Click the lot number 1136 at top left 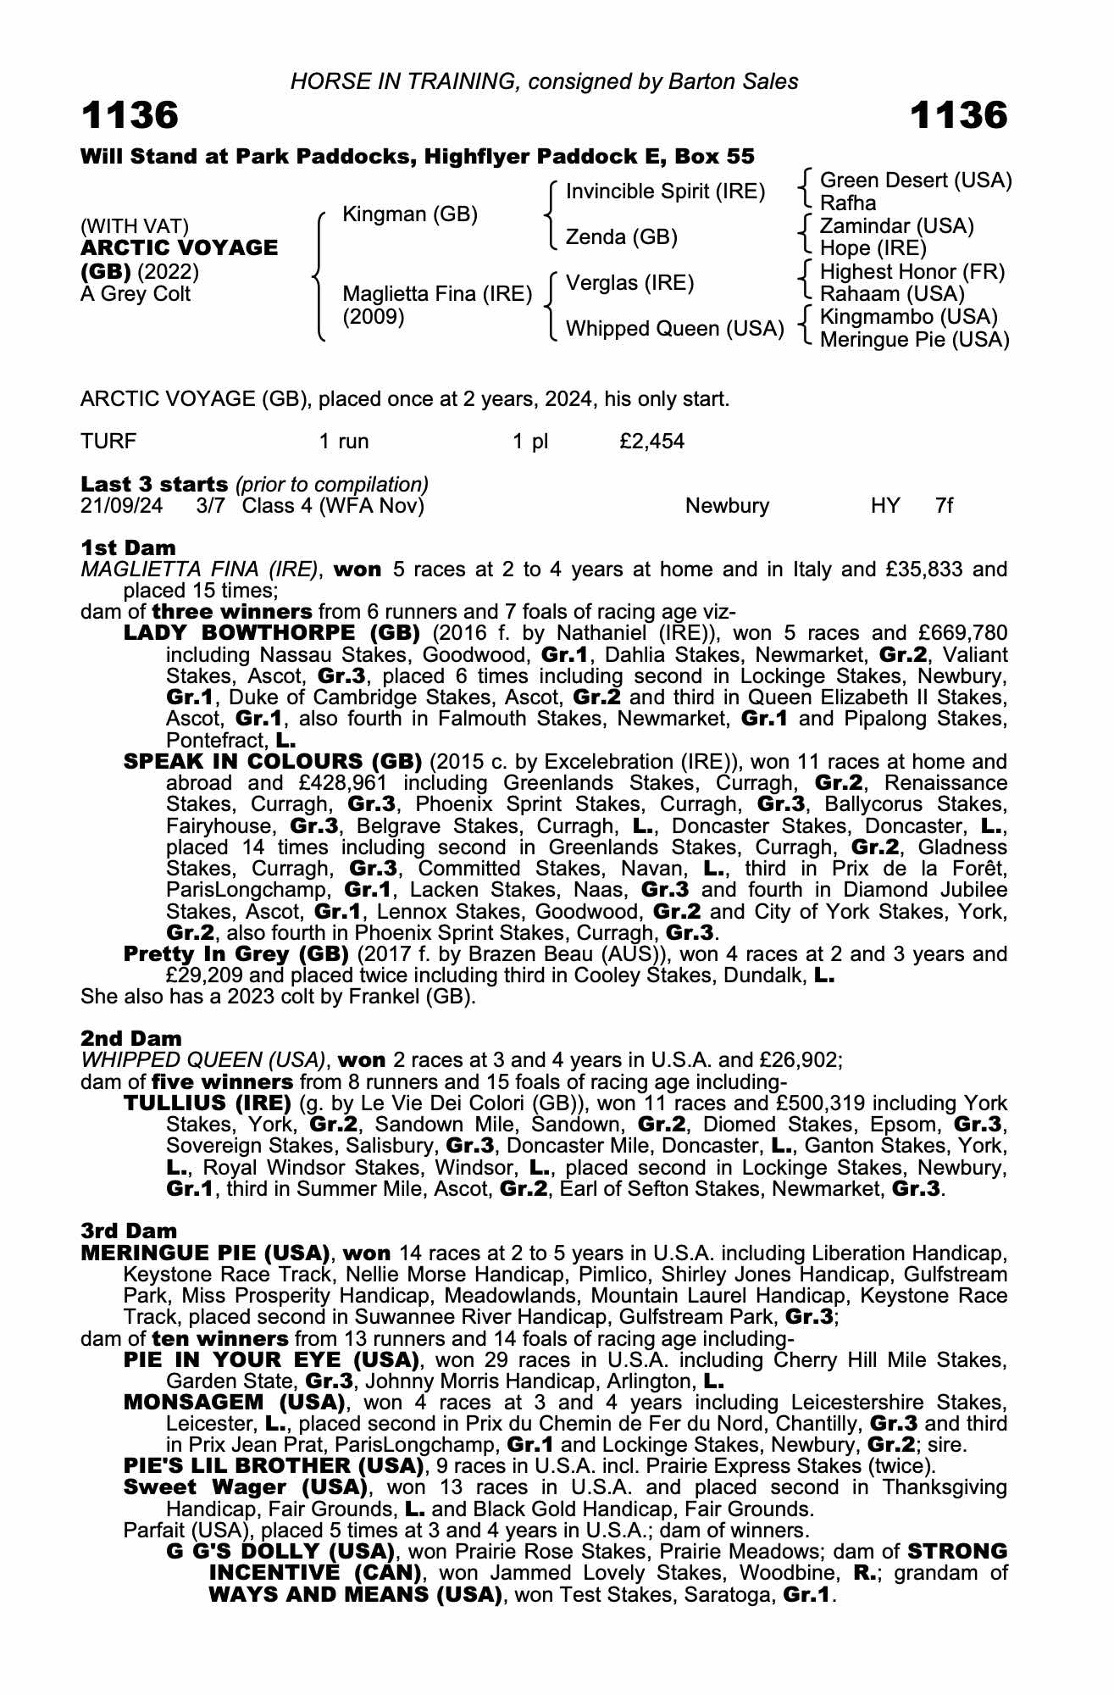[130, 116]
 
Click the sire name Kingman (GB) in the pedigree [409, 214]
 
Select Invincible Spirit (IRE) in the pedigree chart [665, 192]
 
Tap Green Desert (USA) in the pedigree [916, 181]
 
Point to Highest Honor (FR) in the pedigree [912, 272]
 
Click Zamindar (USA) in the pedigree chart [896, 226]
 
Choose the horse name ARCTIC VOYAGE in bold [179, 248]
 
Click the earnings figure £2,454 [651, 441]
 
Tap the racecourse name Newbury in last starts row [727, 506]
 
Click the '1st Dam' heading [128, 547]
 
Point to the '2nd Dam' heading [131, 1038]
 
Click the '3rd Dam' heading [130, 1231]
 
